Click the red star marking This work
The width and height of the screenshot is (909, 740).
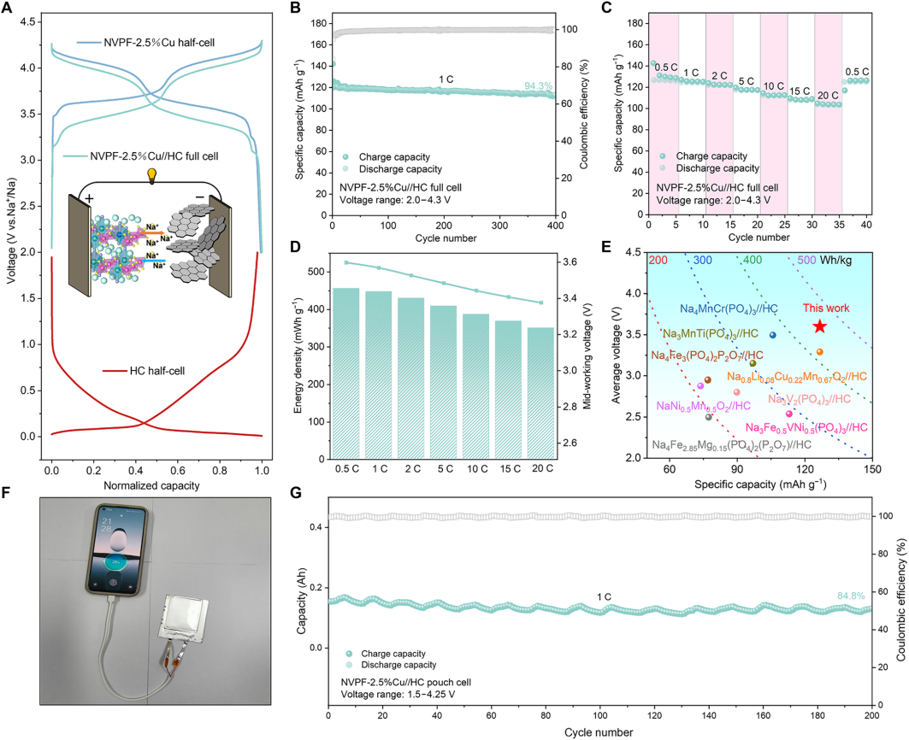tap(819, 326)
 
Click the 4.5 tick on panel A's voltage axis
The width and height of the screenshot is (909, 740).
tap(28, 22)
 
